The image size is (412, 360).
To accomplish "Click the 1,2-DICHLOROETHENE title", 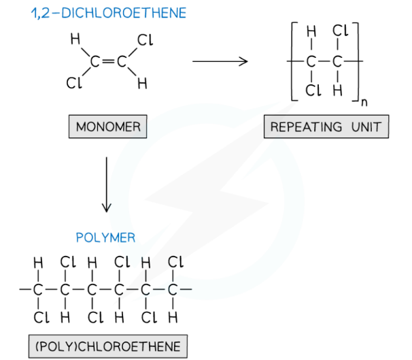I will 99,13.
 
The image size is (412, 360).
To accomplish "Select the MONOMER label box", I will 107,127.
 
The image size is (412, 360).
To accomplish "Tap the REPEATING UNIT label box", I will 326,127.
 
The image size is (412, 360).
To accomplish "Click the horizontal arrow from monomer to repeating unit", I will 219,62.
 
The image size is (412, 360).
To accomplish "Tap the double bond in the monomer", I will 107,62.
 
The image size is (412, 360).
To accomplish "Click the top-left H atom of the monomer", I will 75,41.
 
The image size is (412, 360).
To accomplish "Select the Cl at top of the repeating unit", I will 340,31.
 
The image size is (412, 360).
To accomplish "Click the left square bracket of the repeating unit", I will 294,62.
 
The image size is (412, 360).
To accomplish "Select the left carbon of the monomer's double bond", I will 95,62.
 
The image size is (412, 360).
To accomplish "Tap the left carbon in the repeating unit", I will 311,62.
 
